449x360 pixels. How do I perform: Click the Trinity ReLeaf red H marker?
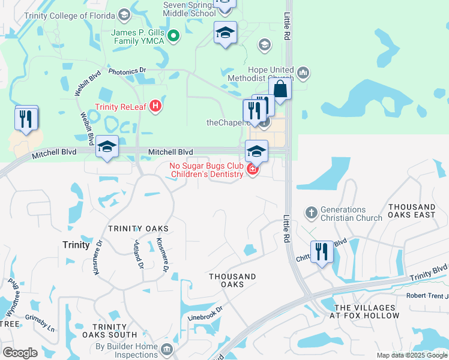155,107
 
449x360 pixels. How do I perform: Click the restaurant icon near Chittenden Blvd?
321,252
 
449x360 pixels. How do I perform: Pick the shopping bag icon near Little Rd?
280,89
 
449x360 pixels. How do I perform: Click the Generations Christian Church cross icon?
311,212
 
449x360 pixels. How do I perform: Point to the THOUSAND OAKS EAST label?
412,211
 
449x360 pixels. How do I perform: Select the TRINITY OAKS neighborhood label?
138,229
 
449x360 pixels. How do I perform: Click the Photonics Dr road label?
127,71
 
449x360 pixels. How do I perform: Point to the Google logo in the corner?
20,353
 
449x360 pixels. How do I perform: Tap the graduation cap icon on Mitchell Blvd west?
107,147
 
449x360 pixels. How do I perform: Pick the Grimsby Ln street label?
40,321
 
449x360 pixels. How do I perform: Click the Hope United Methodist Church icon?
302,73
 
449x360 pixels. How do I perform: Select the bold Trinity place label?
76,245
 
